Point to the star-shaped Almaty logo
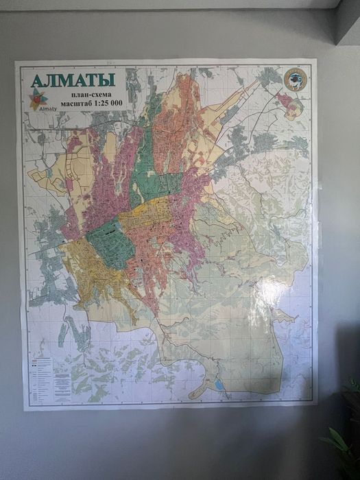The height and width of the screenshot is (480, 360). pyautogui.click(x=38, y=99)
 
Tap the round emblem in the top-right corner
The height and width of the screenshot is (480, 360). pyautogui.click(x=295, y=80)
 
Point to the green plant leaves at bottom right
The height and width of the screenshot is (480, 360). pyautogui.click(x=341, y=449)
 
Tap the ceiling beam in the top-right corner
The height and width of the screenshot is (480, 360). pyautogui.click(x=347, y=21)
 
